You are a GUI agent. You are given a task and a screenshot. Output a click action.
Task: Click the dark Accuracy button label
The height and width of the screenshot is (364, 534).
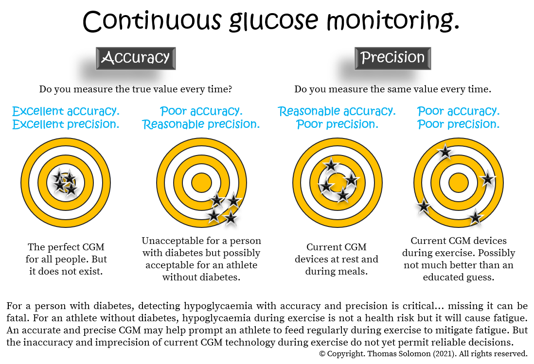136,58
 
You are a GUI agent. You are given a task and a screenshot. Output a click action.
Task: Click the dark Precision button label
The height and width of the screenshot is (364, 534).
392,58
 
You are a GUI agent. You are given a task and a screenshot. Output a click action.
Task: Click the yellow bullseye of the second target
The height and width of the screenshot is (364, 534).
201,183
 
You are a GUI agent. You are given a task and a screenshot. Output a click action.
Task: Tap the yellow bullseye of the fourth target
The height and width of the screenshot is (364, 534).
458,183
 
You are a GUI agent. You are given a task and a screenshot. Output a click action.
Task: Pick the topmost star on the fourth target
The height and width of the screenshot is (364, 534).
445,152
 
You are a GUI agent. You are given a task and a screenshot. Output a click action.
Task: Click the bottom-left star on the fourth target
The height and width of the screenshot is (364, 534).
424,207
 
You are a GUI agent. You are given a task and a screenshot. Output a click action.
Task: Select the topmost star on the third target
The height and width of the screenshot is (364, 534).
331,165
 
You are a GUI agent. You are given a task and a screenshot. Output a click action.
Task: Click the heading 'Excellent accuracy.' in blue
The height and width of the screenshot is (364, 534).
65,111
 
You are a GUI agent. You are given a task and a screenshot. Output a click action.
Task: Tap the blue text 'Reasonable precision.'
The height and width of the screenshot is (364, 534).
201,124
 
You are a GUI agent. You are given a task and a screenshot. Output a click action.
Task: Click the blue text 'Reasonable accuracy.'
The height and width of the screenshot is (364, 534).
337,111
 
